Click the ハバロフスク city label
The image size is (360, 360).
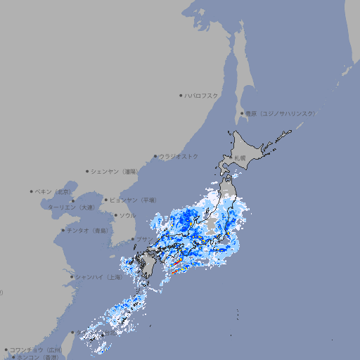(201, 95)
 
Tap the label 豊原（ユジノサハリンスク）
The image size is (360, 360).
(280, 113)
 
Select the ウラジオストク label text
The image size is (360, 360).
(179, 156)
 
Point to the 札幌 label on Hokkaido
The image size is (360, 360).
(240, 158)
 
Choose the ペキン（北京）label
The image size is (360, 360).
(55, 191)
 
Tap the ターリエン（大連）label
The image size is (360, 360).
(71, 207)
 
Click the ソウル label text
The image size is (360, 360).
(127, 215)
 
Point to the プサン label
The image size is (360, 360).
(142, 240)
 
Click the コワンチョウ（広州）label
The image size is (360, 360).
(35, 349)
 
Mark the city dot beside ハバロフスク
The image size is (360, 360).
(181, 95)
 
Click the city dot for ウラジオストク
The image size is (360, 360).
(155, 156)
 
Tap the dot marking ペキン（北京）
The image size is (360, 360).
(32, 191)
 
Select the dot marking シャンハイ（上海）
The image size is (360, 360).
(72, 277)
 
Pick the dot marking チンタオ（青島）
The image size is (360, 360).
(63, 230)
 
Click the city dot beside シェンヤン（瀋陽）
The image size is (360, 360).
(87, 171)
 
